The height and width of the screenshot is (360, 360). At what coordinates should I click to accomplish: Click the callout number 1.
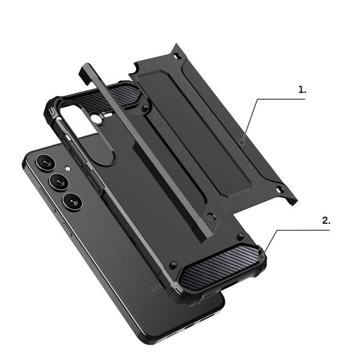(302, 89)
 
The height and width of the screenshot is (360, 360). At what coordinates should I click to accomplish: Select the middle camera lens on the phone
(58, 182)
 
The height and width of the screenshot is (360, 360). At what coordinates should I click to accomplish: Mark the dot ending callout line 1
(242, 142)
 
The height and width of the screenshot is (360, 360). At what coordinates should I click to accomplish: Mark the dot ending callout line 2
(262, 256)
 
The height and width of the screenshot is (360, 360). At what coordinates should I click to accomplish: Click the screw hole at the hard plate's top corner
(178, 55)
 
